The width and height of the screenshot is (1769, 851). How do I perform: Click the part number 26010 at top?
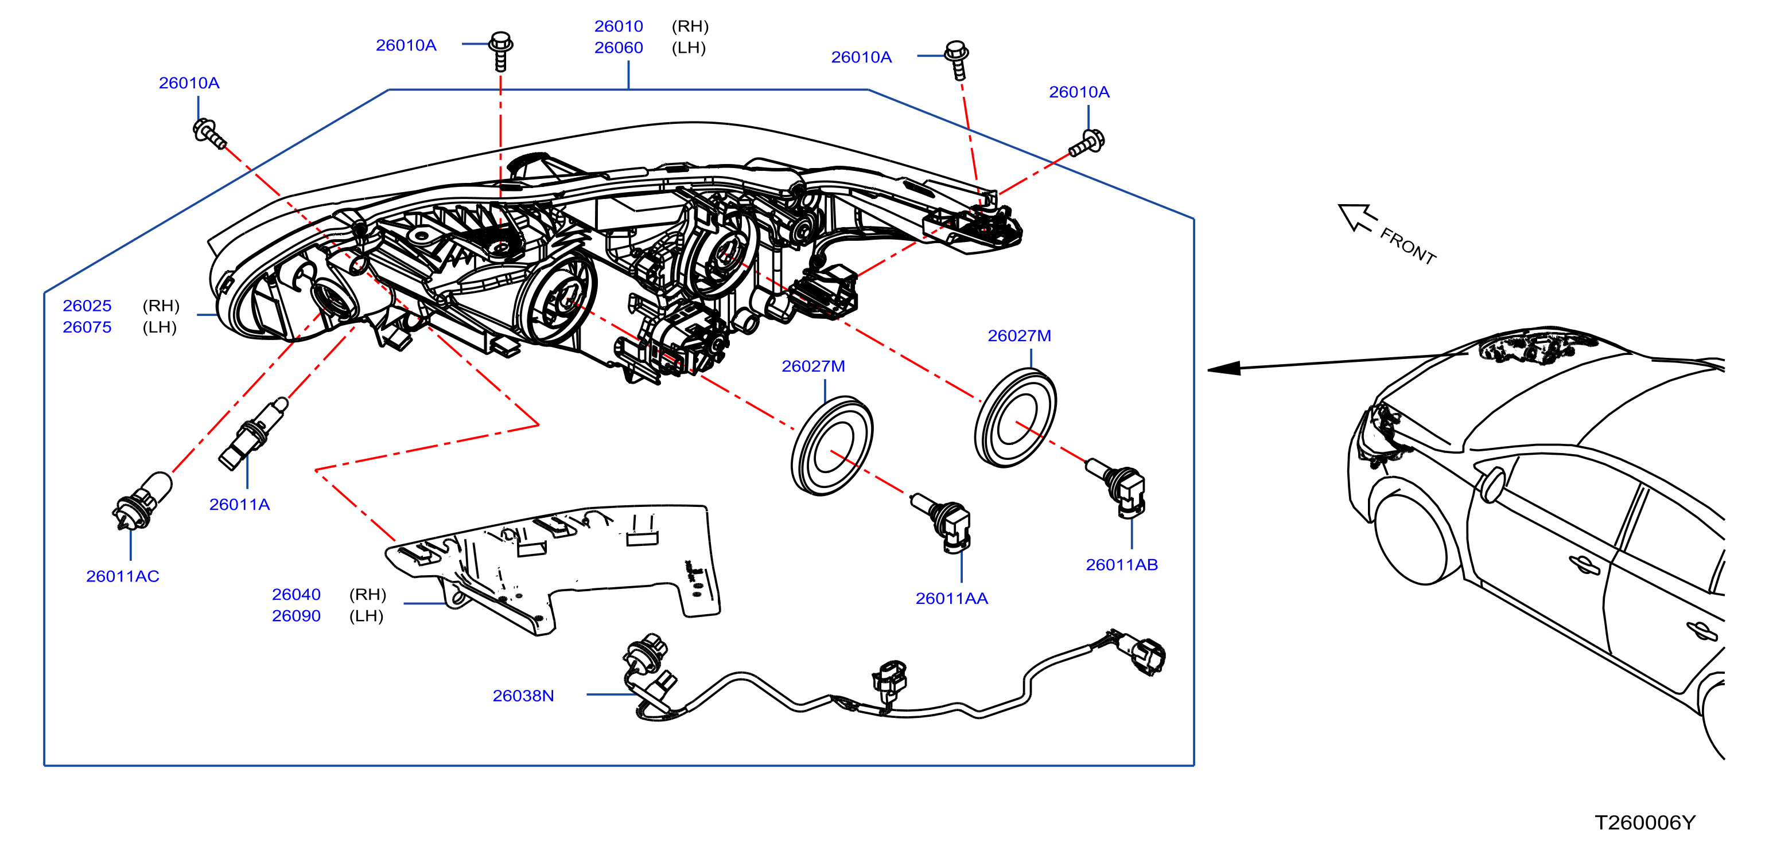(x=618, y=26)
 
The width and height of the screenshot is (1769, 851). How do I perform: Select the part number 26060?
(x=618, y=48)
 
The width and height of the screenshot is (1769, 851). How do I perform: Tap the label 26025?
(x=87, y=306)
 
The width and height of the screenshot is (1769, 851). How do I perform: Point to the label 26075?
(x=87, y=327)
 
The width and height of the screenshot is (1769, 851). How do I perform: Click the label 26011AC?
(x=122, y=576)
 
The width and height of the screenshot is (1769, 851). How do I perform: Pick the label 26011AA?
(x=951, y=599)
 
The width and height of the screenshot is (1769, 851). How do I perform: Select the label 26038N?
(x=523, y=696)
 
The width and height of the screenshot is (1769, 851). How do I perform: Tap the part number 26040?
(x=296, y=594)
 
